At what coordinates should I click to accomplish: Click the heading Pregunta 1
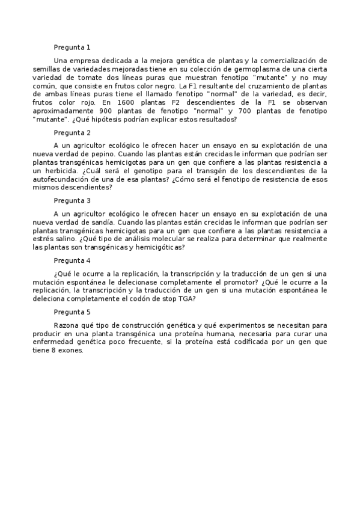72,47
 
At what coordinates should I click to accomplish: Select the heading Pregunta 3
72,201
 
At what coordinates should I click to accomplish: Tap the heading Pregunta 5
72,312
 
